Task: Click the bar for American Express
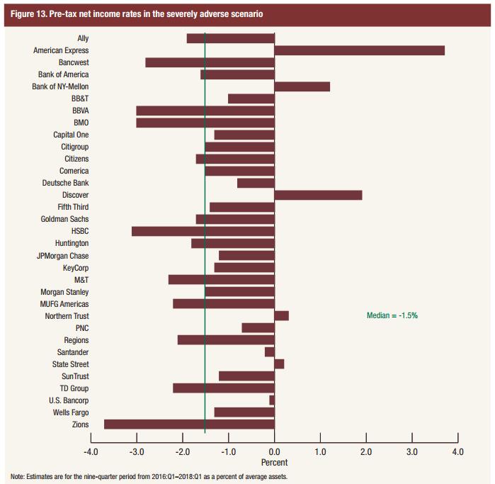tap(359, 50)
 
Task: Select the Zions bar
tap(189, 424)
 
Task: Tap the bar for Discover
tap(318, 195)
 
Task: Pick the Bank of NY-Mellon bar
tap(302, 86)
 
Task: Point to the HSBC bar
tap(203, 231)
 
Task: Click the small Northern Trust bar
tap(281, 315)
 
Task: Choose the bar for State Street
tap(279, 364)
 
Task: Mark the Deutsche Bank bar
tap(256, 183)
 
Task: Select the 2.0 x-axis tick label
tap(366, 451)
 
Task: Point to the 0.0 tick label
tap(274, 451)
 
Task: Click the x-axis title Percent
tap(274, 462)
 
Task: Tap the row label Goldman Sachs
tap(64, 219)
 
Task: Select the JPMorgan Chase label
tap(62, 255)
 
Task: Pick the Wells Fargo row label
tap(71, 412)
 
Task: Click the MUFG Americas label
tap(64, 303)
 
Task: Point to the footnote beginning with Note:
tap(149, 476)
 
